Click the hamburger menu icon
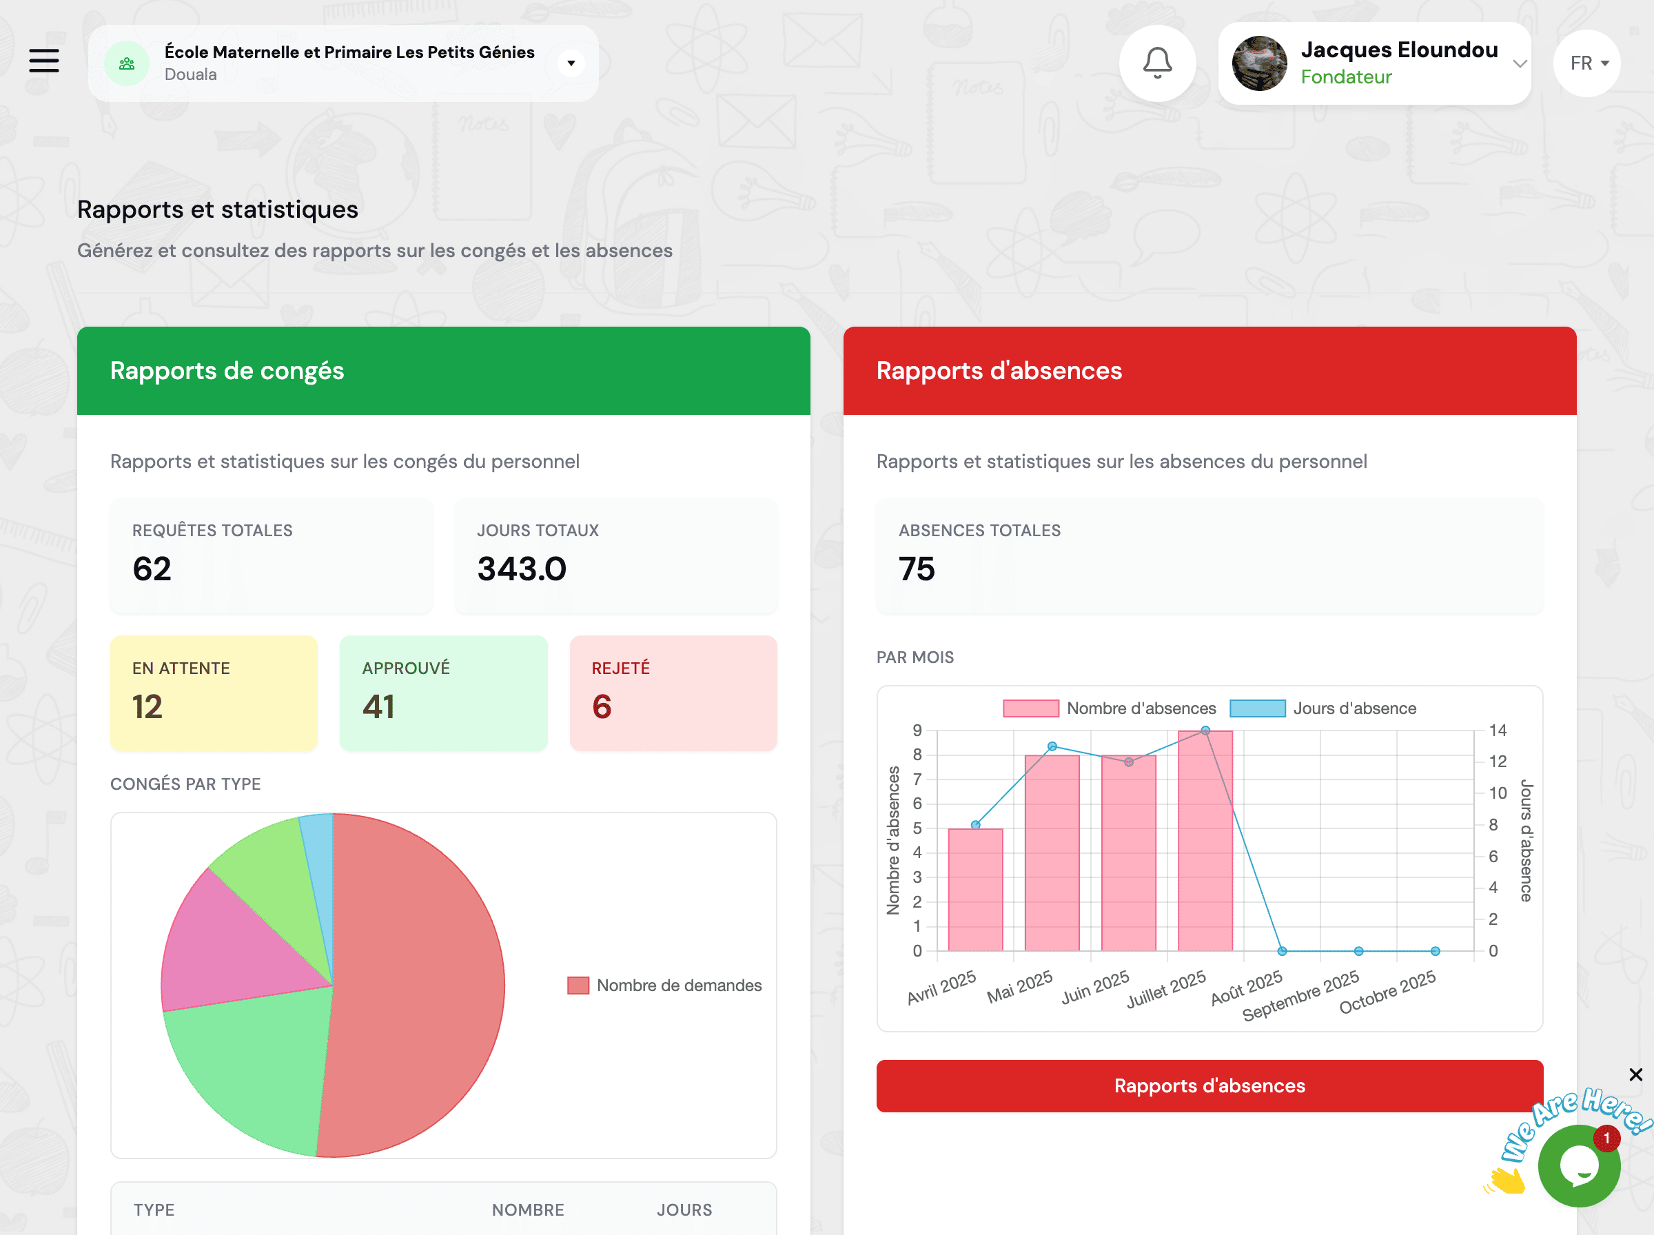(44, 61)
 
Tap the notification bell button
(1157, 63)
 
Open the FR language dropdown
(1586, 63)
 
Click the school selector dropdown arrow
(571, 63)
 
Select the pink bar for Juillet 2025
(1205, 841)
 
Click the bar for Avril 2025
(974, 890)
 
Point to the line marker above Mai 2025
(1052, 746)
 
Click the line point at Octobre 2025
(1435, 951)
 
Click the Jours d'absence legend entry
(1323, 708)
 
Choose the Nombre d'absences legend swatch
(1031, 708)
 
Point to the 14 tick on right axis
(1497, 731)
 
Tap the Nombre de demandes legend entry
(664, 986)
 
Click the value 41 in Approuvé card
(378, 706)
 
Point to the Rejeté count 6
(602, 706)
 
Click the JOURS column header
(684, 1210)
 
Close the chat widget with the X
(1635, 1074)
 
